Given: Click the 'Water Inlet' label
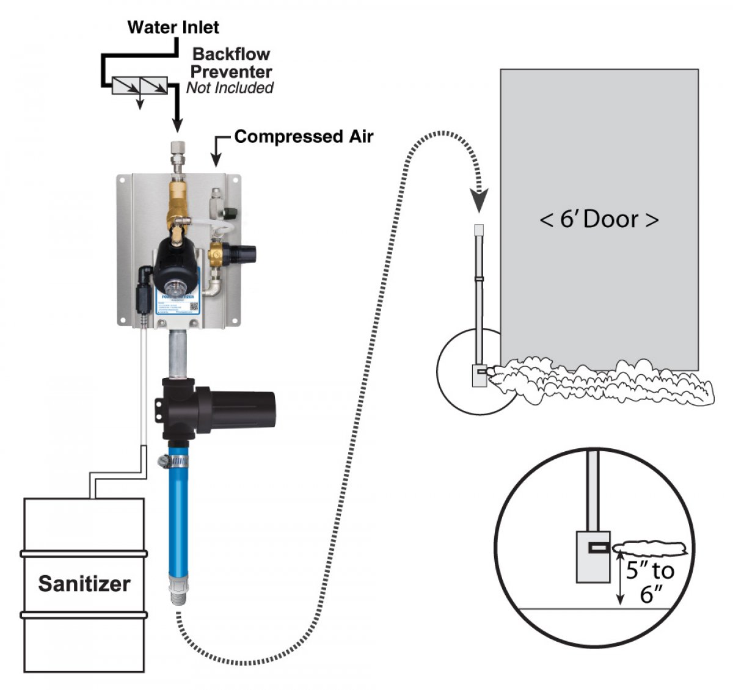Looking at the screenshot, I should tap(173, 27).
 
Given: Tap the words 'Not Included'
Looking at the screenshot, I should tap(230, 88).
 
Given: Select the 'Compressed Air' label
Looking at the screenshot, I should tap(303, 136).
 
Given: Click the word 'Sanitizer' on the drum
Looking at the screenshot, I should tap(84, 584).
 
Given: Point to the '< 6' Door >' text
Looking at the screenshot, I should tap(599, 219).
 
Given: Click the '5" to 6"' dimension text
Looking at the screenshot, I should tap(650, 581).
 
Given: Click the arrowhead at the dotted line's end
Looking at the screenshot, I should tap(480, 200).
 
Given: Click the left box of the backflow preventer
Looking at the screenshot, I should tap(126, 86).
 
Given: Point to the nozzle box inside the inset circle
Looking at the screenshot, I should tap(593, 556).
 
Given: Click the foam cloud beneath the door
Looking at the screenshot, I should tap(599, 382).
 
